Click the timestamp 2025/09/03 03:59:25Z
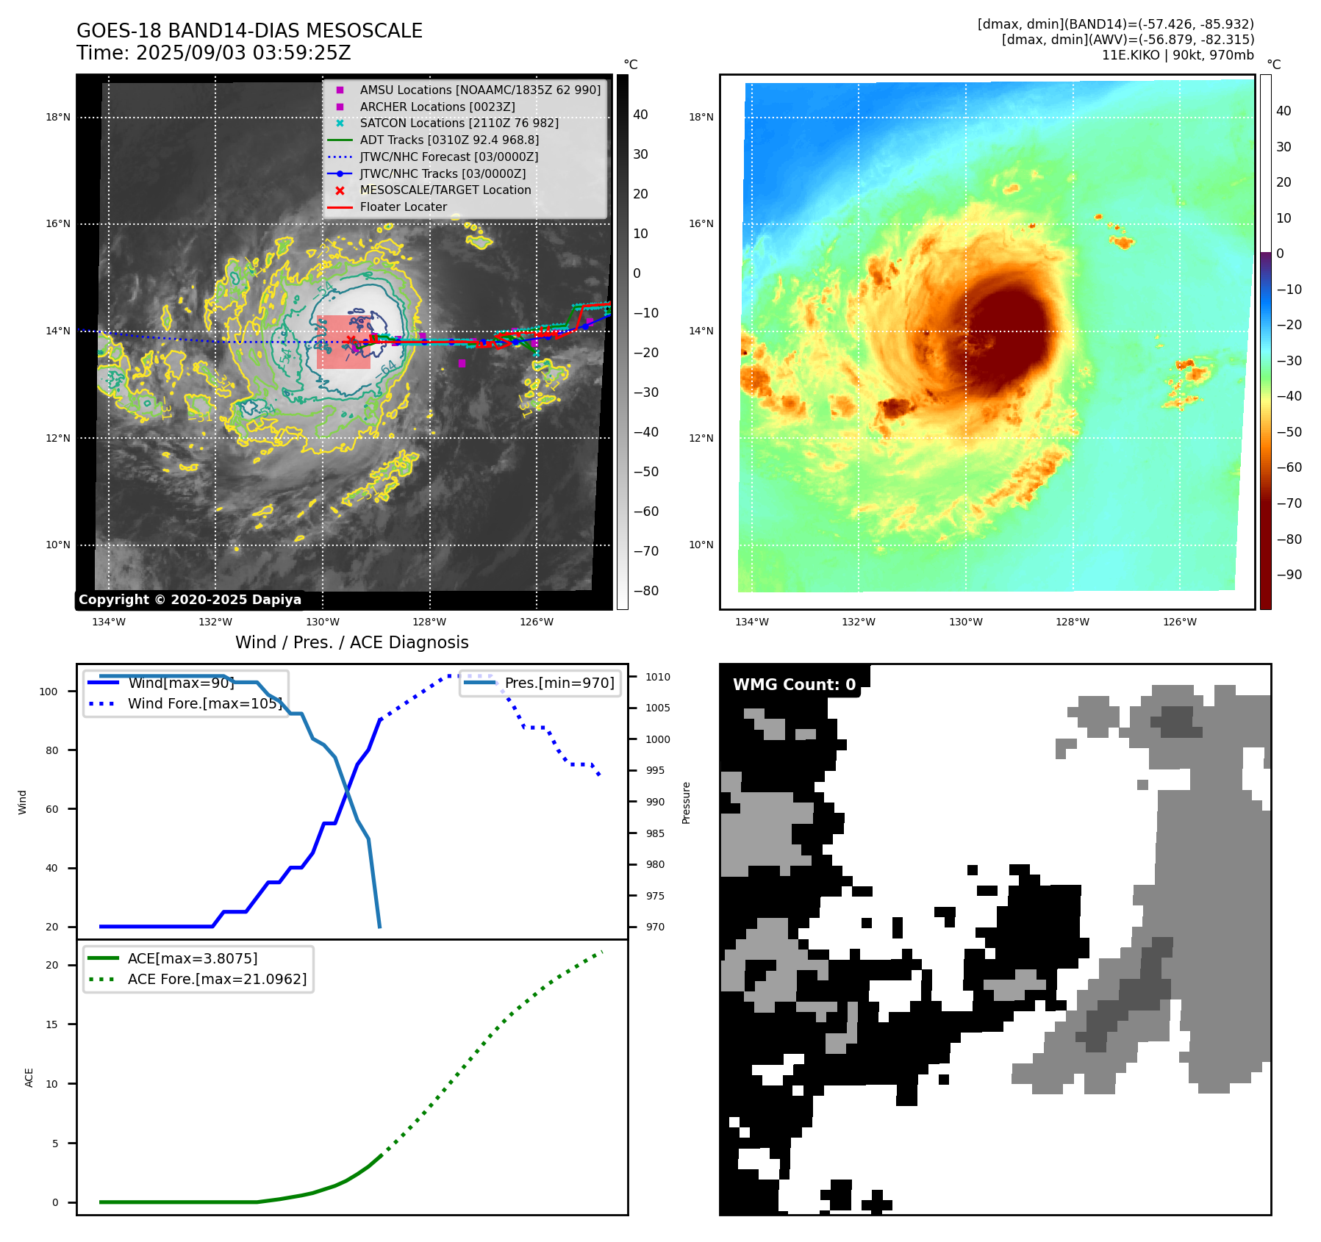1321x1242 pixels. point(243,54)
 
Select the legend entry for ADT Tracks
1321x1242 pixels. point(449,140)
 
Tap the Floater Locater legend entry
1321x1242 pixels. point(403,207)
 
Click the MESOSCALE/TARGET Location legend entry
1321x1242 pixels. point(445,190)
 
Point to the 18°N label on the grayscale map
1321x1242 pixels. point(58,117)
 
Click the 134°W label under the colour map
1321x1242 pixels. point(751,622)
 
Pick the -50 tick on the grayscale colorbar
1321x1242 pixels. point(646,472)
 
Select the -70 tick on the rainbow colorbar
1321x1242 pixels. point(1289,503)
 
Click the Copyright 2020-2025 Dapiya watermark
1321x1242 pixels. point(190,600)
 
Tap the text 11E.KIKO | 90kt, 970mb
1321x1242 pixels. point(1178,55)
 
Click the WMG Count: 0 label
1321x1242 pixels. point(794,685)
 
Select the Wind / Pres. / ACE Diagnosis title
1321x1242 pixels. point(351,642)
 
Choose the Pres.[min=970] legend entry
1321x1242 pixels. point(559,683)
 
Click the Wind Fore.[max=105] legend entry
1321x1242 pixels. point(204,703)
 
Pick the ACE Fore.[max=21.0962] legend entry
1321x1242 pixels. point(217,979)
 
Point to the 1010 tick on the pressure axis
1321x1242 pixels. point(658,677)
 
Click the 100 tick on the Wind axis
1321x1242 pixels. point(49,692)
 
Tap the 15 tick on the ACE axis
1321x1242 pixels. point(51,1024)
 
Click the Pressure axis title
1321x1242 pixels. point(686,803)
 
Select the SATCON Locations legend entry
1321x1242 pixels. point(459,123)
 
